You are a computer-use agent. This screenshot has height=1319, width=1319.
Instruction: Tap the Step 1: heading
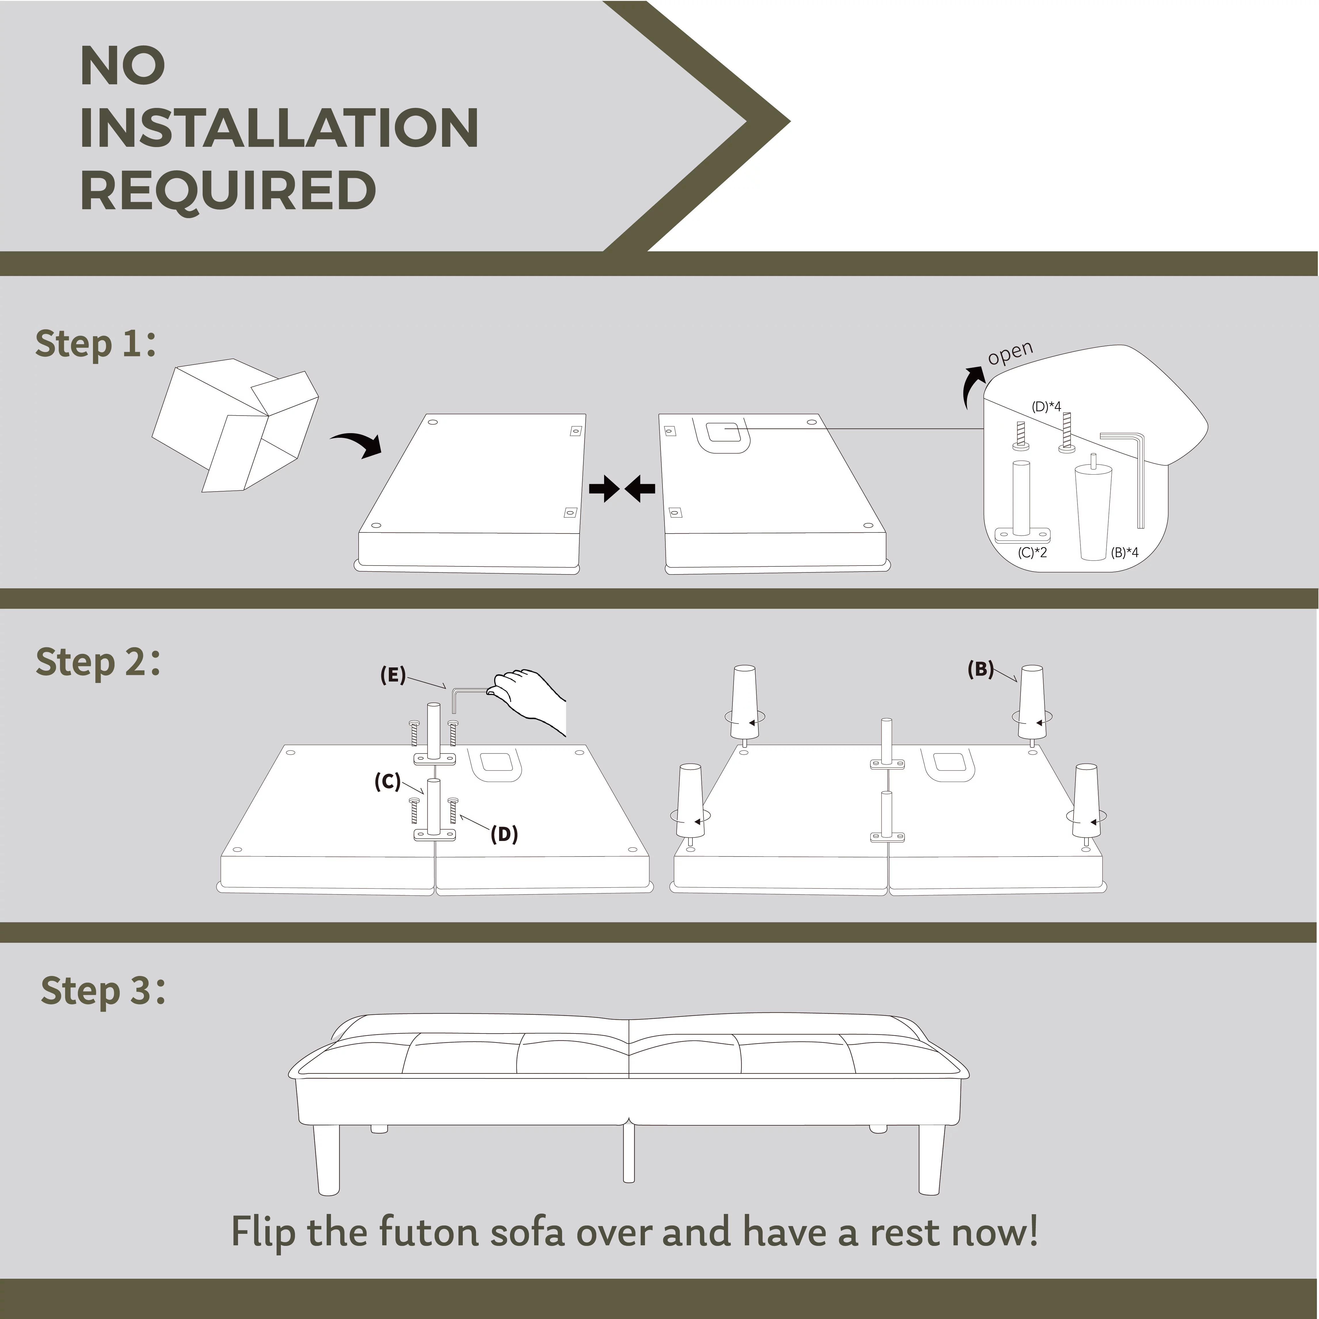point(96,343)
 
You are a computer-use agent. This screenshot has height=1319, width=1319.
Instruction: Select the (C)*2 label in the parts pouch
point(1032,552)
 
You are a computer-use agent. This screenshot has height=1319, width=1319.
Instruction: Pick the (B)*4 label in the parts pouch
point(1124,552)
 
